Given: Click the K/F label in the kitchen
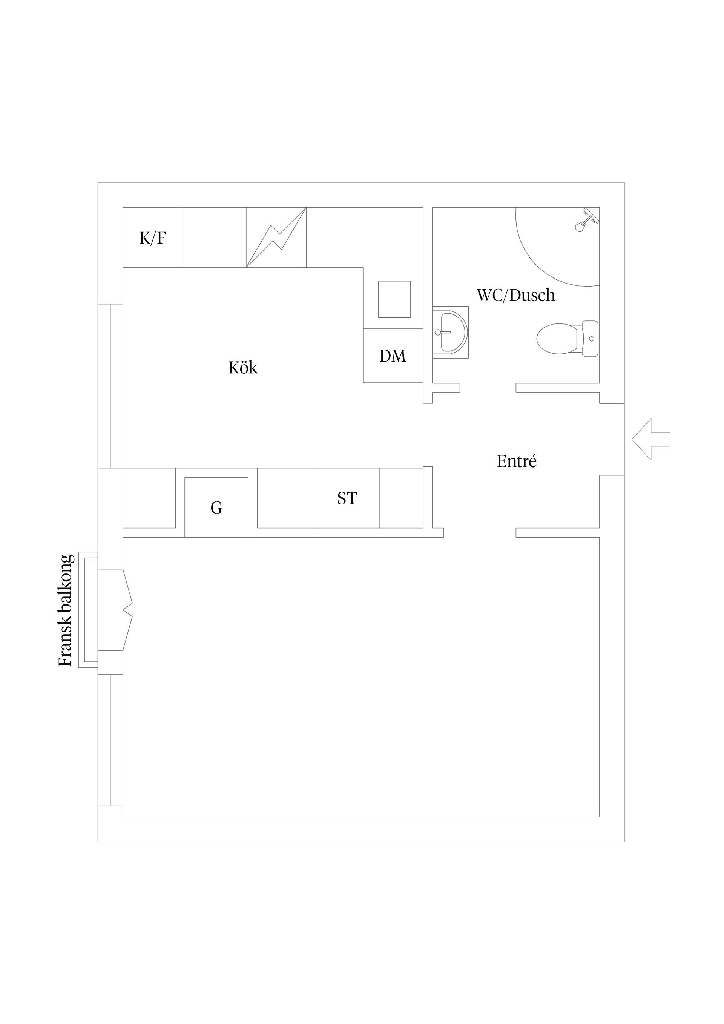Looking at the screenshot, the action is [153, 239].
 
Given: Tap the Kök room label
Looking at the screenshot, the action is [243, 368].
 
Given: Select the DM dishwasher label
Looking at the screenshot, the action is [393, 356].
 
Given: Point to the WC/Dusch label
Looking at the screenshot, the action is [516, 296].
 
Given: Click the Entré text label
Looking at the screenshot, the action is [517, 461].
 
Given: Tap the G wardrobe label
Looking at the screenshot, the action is [216, 507].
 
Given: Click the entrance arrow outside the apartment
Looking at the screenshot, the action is [651, 439].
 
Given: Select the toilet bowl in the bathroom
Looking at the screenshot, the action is [558, 339].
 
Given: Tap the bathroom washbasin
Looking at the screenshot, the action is [451, 332].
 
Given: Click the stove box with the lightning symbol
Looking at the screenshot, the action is [276, 237].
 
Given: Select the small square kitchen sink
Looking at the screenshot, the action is [394, 299].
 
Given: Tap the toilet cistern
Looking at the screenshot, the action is [590, 339].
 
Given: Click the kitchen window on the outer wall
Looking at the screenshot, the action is [110, 386].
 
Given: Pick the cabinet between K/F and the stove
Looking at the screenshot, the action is [215, 237].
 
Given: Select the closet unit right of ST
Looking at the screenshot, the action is [401, 498].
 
